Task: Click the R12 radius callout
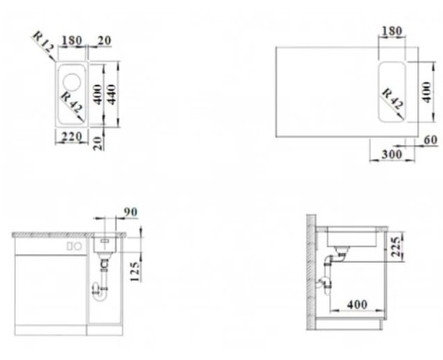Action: coord(43,43)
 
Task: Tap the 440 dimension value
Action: coord(112,94)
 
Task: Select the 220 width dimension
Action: coord(72,136)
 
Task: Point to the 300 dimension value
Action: coord(392,155)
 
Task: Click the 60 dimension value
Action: coord(431,140)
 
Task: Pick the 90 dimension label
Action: coord(131,212)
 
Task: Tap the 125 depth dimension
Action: coord(135,271)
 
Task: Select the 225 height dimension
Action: coord(397,247)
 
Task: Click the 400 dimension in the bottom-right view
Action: coord(357,304)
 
